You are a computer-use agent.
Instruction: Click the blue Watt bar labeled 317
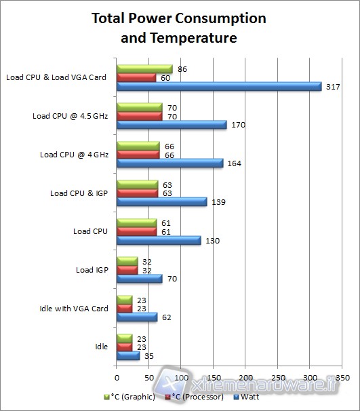coord(219,86)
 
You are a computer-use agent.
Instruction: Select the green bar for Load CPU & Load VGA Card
coord(144,68)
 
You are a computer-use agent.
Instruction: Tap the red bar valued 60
coord(136,77)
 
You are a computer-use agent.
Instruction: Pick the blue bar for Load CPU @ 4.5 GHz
coord(172,125)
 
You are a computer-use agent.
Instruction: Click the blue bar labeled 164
coord(169,163)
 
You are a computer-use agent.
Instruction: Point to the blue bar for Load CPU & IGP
coord(161,201)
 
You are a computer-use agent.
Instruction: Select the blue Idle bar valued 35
coord(128,355)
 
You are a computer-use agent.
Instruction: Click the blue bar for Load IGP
coord(139,278)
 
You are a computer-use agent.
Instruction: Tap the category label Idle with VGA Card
coord(75,309)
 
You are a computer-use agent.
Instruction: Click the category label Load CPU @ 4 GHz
coord(73,155)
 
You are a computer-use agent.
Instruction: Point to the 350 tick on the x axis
coord(342,376)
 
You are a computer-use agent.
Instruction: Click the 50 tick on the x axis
coord(149,376)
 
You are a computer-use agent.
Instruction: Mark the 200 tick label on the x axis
coord(246,376)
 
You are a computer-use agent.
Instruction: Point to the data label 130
coord(212,240)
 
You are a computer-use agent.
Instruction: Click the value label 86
coord(182,68)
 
